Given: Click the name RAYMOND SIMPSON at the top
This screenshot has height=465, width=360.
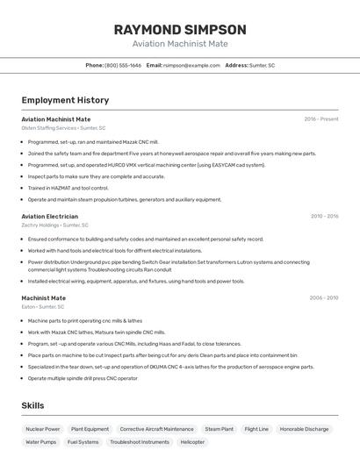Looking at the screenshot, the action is coord(180,29).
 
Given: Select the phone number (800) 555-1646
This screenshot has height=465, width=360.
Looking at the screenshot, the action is coord(123,66).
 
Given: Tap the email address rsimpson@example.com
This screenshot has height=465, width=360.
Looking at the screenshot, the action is coord(191,66).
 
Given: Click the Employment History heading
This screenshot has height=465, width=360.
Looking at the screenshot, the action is coord(65,100).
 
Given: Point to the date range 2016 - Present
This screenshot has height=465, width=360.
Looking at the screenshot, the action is coord(320,118).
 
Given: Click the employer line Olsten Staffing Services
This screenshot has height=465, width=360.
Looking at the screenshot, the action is coord(63,128).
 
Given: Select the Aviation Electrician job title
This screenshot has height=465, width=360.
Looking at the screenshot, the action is coord(49,216).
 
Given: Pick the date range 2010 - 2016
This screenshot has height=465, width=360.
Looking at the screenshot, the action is coord(324,216).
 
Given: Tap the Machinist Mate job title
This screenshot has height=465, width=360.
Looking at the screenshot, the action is coord(44,298).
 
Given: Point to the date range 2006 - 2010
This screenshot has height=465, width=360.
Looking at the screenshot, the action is coord(324,298).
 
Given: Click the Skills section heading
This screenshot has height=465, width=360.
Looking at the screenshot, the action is coord(33,406).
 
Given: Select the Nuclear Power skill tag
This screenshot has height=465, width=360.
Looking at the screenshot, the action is coord(43,429).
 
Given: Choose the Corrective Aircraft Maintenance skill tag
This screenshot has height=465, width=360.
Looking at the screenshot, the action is coord(156,429).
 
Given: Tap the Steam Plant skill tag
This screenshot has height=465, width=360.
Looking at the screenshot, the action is coord(220,429).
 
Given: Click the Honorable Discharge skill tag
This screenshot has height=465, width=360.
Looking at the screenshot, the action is coord(305,429).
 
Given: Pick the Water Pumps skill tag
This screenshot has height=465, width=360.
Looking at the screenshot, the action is coord(40,442).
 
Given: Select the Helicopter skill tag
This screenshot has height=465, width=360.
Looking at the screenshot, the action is coord(193,442).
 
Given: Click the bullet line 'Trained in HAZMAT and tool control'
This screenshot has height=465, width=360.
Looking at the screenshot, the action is coord(68,188).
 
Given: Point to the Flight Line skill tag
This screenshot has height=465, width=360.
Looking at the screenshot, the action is coord(256,429).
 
